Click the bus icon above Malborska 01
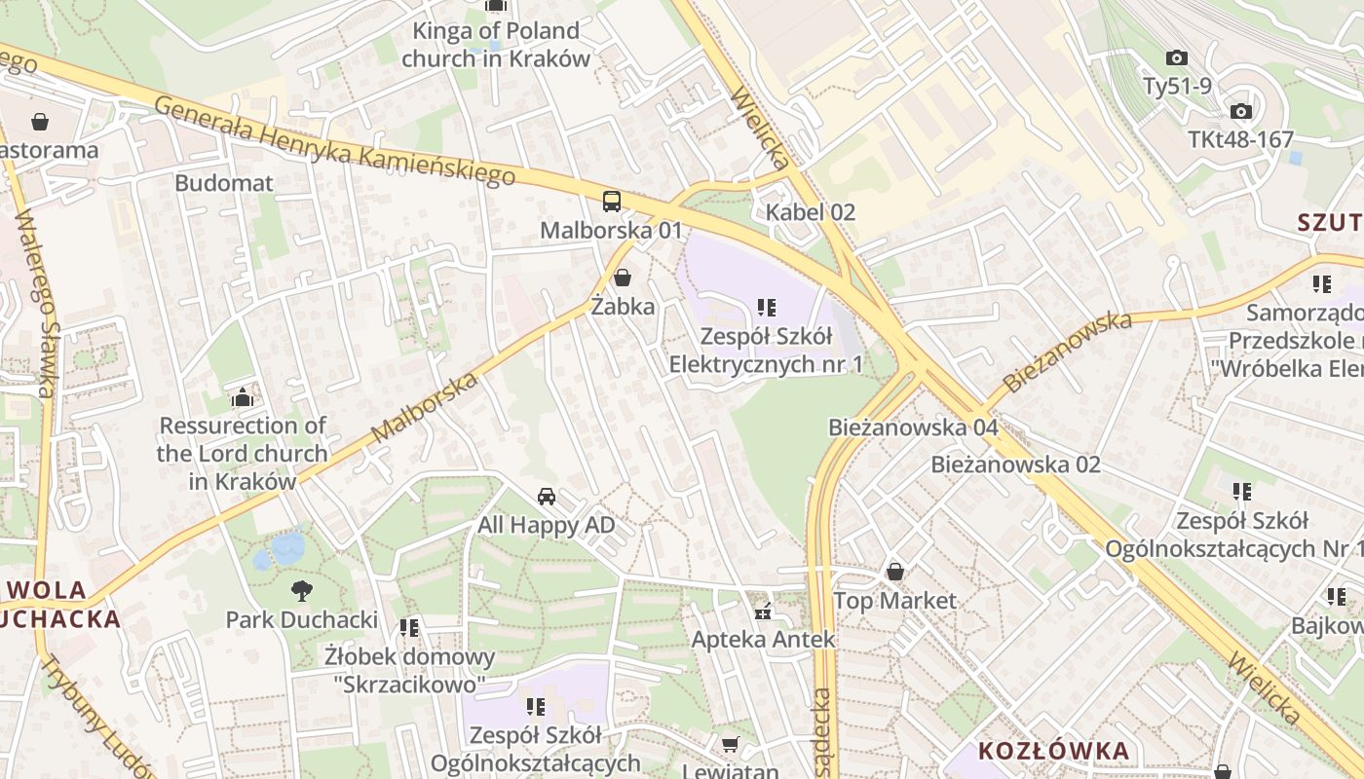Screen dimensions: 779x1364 pyautogui.click(x=611, y=202)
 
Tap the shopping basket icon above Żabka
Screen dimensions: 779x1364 pyautogui.click(x=622, y=278)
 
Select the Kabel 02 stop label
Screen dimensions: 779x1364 pyautogui.click(x=810, y=212)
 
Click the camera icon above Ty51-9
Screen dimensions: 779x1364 pyautogui.click(x=1177, y=57)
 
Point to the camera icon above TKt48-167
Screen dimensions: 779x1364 pyautogui.click(x=1240, y=111)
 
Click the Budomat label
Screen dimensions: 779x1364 pyautogui.click(x=224, y=183)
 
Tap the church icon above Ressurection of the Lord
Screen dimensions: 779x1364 pyautogui.click(x=242, y=397)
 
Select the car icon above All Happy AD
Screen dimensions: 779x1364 pyautogui.click(x=547, y=497)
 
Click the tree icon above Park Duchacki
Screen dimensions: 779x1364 pyautogui.click(x=301, y=590)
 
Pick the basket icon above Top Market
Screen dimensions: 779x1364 pyautogui.click(x=894, y=572)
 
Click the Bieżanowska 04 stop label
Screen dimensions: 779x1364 pyautogui.click(x=913, y=427)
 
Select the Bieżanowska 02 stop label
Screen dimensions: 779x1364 pyautogui.click(x=1015, y=464)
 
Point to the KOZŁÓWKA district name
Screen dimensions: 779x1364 pyautogui.click(x=1053, y=751)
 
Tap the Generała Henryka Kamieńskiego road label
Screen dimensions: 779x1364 pyautogui.click(x=334, y=141)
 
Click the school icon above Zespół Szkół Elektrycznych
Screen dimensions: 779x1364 pyautogui.click(x=767, y=308)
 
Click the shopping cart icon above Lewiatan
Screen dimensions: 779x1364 pyautogui.click(x=730, y=745)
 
